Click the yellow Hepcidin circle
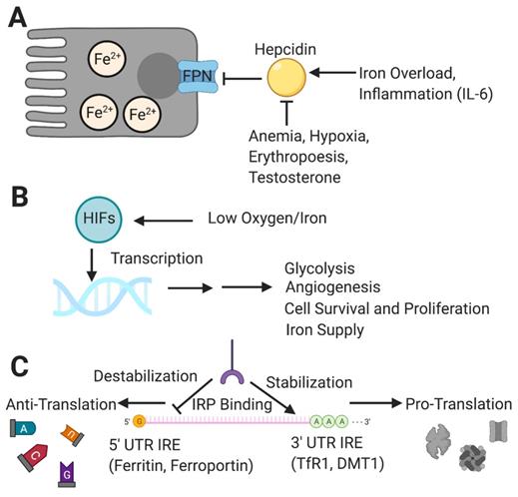[283, 77]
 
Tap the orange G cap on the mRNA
[140, 421]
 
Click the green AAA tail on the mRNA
[330, 420]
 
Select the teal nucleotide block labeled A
[24, 429]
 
